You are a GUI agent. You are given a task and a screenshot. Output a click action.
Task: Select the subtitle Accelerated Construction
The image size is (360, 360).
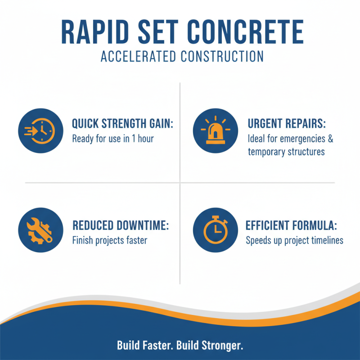click(180, 57)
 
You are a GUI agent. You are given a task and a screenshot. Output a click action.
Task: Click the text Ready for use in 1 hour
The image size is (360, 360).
click(113, 139)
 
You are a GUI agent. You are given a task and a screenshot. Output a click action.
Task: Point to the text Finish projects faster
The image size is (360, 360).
click(109, 240)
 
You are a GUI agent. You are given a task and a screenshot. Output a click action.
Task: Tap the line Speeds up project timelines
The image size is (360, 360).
click(294, 240)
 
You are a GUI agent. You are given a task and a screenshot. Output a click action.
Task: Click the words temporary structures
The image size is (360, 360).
click(286, 152)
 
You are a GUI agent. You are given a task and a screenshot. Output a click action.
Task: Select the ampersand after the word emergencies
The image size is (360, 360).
click(330, 139)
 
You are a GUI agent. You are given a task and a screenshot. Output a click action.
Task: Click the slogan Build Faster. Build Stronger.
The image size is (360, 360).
click(180, 346)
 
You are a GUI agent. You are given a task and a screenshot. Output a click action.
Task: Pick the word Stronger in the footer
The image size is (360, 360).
click(223, 346)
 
